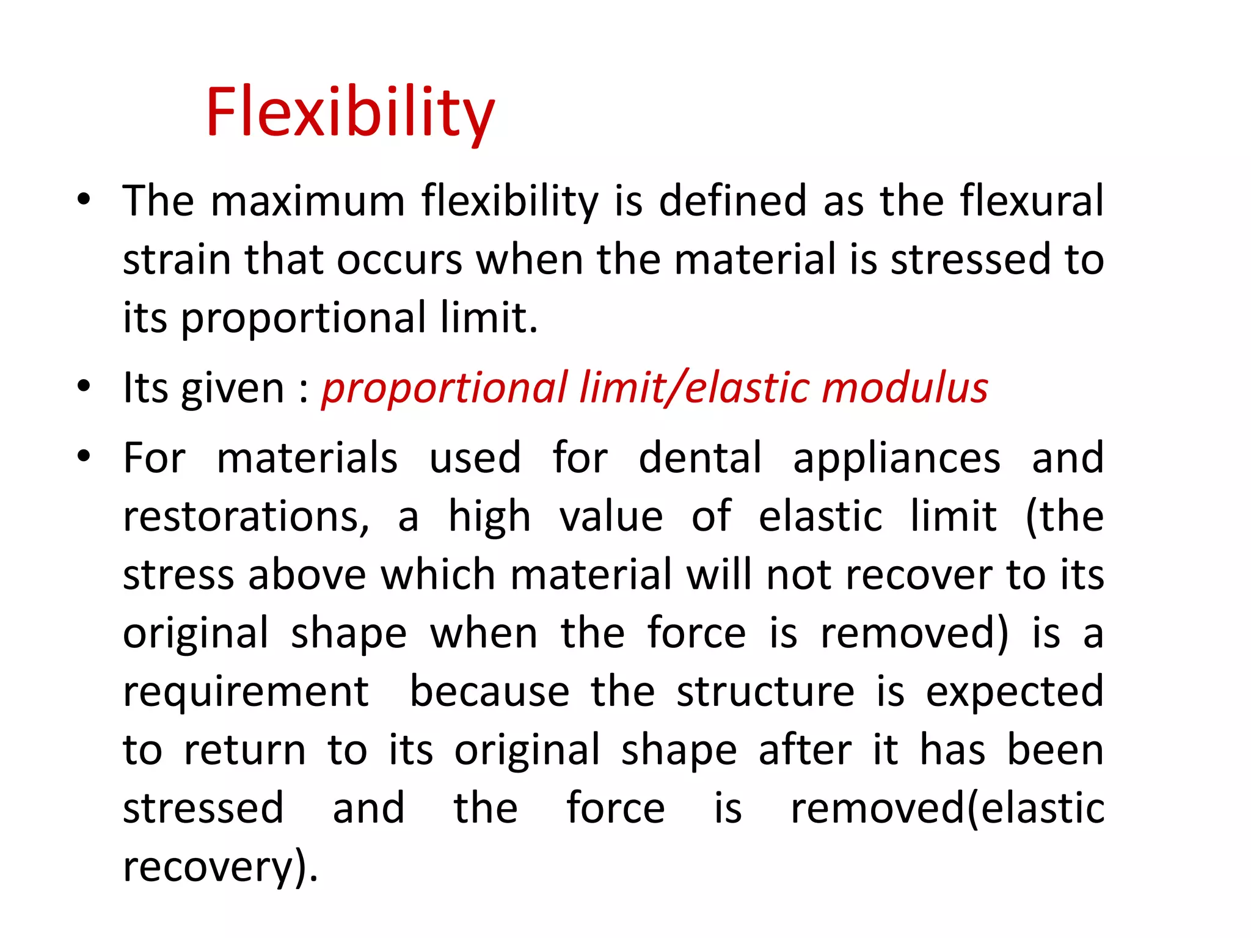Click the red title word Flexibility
[349, 113]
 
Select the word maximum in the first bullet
[307, 201]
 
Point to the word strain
[177, 260]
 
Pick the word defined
[732, 201]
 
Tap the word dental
[700, 457]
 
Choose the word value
[611, 517]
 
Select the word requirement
[246, 693]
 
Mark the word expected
[1014, 693]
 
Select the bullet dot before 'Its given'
[84, 387]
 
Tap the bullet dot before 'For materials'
[84, 456]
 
